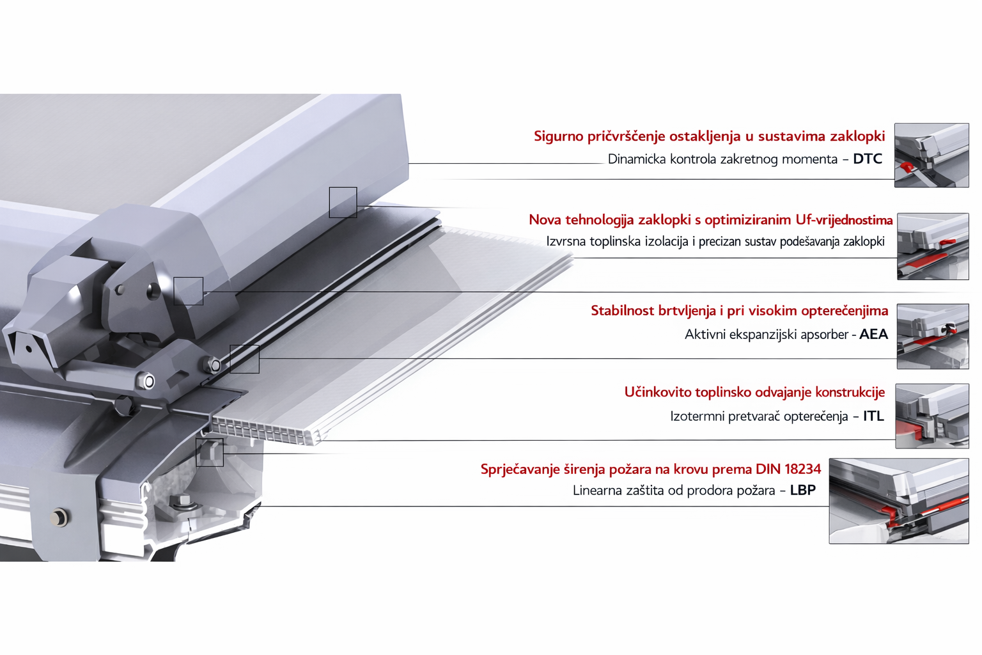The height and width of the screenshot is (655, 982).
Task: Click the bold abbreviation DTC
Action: (x=868, y=159)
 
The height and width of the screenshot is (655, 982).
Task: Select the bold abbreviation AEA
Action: (x=874, y=335)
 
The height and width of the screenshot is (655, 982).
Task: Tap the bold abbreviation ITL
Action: (x=874, y=416)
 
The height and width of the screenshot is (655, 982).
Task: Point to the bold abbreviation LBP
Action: (x=803, y=490)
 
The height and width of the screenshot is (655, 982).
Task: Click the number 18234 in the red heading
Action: (x=803, y=470)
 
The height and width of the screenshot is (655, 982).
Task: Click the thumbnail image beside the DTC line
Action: (x=931, y=155)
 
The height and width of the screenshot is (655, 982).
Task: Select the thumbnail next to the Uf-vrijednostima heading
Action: (x=933, y=246)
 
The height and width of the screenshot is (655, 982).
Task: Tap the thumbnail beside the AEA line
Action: (x=933, y=336)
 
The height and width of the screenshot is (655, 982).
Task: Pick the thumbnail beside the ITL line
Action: (x=932, y=416)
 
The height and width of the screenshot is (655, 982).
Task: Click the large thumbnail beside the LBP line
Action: (x=899, y=501)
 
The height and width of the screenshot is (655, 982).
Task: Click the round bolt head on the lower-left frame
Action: (x=59, y=517)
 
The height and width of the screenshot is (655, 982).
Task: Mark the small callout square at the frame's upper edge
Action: (x=343, y=202)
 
